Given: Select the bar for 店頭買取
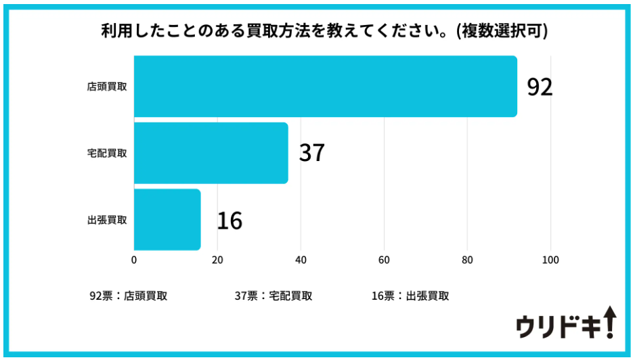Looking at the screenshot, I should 325,87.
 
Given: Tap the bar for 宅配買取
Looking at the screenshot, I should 211,153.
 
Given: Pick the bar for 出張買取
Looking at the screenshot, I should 167,220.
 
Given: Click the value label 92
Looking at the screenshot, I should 540,87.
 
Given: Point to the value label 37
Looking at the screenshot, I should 312,153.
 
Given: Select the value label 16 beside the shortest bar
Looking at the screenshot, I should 230,221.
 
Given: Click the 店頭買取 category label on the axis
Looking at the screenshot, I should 107,87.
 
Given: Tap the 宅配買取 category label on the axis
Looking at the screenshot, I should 107,153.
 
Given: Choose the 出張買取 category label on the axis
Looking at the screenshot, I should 107,220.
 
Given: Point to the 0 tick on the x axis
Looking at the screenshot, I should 134,260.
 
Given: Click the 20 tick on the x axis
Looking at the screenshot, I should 217,260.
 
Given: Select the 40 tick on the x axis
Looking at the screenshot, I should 301,260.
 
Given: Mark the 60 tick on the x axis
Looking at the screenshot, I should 384,260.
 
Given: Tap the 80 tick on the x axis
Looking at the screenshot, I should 467,260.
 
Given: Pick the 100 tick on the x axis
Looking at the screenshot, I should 550,260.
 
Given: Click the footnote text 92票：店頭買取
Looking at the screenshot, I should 129,296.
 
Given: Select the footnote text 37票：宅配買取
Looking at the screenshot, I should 274,296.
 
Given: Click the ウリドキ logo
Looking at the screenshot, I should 565,323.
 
